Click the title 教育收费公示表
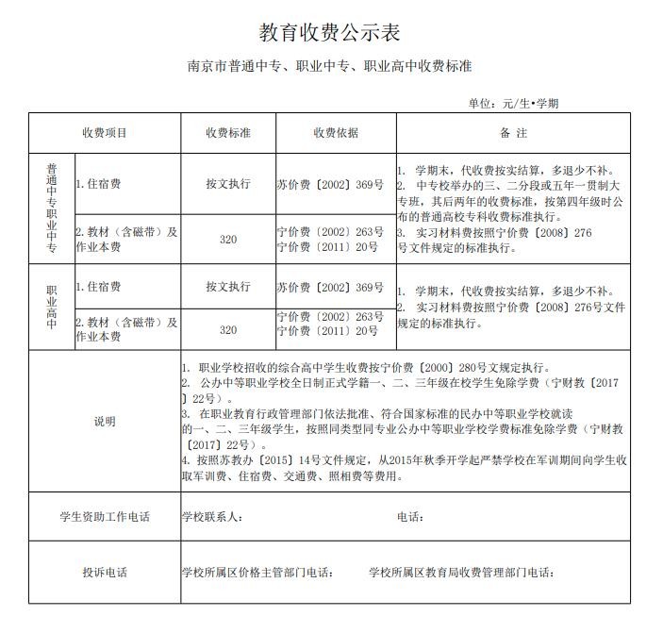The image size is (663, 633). click(x=330, y=33)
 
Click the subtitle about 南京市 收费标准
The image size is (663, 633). click(x=330, y=68)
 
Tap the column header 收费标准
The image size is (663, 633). click(x=228, y=133)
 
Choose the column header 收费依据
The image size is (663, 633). click(x=336, y=133)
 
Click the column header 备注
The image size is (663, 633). click(x=514, y=133)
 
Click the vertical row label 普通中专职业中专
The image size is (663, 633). click(x=52, y=208)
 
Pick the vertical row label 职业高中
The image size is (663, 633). click(x=52, y=307)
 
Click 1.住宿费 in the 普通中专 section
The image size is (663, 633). click(x=98, y=184)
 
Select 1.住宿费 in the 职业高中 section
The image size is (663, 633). click(x=98, y=286)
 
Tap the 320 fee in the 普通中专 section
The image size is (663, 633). click(x=228, y=240)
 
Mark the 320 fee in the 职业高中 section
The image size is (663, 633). click(x=228, y=330)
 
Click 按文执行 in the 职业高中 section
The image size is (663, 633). click(x=228, y=286)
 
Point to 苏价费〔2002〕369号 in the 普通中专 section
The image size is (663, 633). click(x=330, y=184)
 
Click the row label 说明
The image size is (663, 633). click(x=104, y=422)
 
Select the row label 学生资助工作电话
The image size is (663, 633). click(x=104, y=517)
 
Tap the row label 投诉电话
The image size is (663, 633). click(x=104, y=573)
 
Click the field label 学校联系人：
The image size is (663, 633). click(x=213, y=517)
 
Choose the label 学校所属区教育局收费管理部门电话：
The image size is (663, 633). click(x=461, y=573)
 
